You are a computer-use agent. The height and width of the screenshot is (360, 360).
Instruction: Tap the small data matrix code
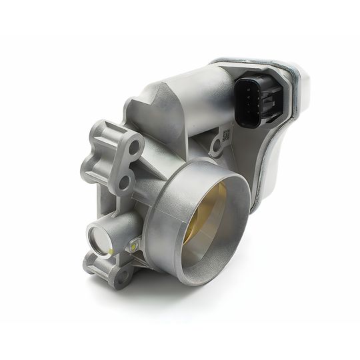pos(226,135)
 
